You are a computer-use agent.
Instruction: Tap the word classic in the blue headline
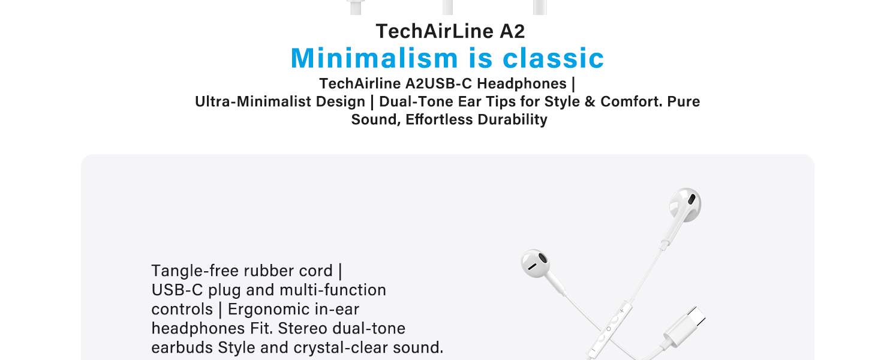(x=553, y=58)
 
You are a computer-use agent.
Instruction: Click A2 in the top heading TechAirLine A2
(x=512, y=31)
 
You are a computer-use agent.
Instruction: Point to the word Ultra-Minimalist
(x=279, y=101)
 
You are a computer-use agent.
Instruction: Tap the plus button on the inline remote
(x=622, y=310)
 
